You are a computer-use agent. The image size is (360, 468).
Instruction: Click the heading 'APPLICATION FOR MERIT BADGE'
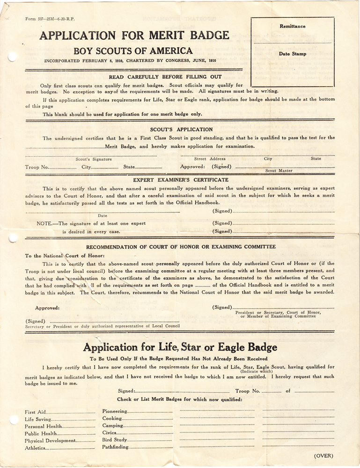[134, 35]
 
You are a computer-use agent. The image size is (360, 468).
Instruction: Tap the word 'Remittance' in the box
[292, 27]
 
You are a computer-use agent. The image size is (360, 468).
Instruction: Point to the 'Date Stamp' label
[293, 54]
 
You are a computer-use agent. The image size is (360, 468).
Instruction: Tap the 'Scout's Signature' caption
[94, 159]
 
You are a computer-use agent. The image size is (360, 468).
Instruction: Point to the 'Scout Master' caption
[279, 171]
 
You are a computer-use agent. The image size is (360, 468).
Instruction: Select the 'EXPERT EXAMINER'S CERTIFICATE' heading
[174, 180]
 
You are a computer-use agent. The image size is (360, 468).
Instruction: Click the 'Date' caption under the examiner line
[103, 216]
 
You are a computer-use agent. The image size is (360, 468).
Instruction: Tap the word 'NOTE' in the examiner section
[44, 223]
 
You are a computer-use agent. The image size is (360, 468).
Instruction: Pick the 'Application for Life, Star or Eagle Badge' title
[180, 347]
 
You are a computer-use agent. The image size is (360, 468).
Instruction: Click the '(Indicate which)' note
[257, 372]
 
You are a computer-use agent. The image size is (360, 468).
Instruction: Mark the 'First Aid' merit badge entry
[35, 412]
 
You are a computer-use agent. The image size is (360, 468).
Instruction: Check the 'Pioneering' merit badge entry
[115, 411]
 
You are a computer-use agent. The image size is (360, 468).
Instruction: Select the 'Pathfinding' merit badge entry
[115, 448]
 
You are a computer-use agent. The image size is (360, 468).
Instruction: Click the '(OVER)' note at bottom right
[323, 455]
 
